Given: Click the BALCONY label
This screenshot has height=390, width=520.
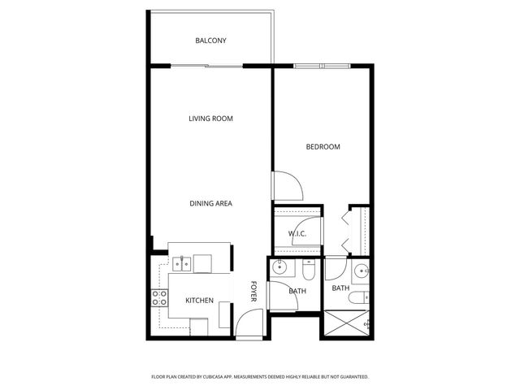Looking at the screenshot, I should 210,41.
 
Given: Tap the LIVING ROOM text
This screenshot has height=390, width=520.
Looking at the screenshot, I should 210,119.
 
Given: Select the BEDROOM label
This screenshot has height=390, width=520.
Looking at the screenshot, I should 323,147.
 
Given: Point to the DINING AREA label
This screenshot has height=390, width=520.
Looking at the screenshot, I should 211,203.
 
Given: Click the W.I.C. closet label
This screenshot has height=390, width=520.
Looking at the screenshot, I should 297,235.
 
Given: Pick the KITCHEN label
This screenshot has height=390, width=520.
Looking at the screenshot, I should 199,301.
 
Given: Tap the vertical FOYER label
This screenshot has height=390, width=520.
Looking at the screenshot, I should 253,292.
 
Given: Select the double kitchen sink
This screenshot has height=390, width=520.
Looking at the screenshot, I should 181,263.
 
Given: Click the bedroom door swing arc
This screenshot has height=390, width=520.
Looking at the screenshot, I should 288,186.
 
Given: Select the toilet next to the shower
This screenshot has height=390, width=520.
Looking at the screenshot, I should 357,298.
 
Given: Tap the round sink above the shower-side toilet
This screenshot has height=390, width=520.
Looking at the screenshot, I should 360,271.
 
